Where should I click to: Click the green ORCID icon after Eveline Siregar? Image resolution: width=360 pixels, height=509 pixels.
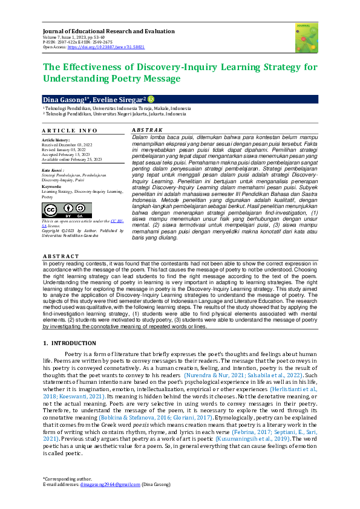tap(151, 99)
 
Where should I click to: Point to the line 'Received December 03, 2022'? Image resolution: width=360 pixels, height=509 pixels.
tap(67, 146)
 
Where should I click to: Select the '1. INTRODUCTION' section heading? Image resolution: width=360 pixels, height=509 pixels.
tap(70, 343)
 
